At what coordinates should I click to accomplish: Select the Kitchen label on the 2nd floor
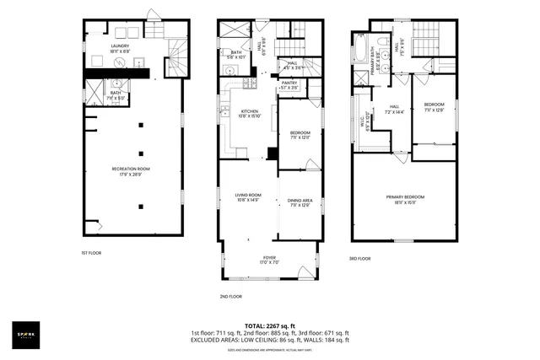click(x=250, y=113)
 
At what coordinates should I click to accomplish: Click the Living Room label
click(x=250, y=198)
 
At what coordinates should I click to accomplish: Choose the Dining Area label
click(x=300, y=201)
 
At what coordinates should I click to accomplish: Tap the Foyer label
click(x=269, y=259)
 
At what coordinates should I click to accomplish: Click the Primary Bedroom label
click(x=405, y=200)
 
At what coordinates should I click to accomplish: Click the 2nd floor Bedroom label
click(x=300, y=135)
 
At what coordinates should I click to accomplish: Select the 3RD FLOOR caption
click(x=360, y=259)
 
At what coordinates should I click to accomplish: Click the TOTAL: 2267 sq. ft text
click(x=269, y=325)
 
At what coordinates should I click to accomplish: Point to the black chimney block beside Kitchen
click(x=271, y=153)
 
